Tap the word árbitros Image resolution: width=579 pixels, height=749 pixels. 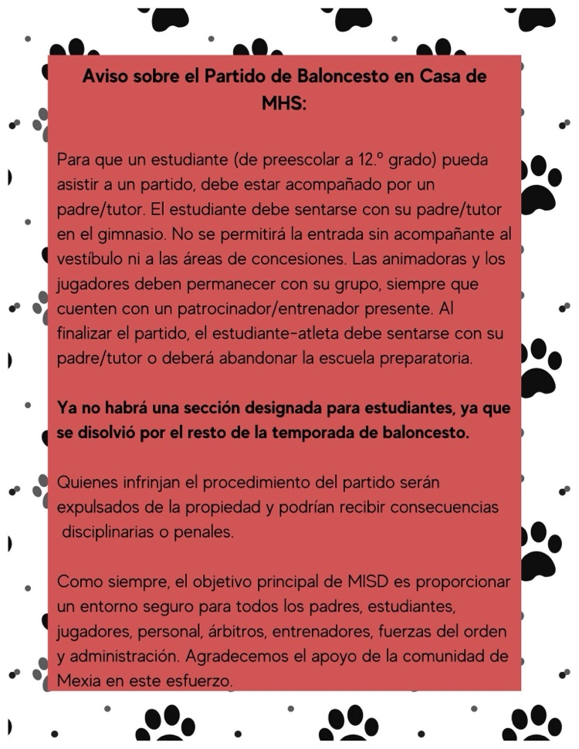(x=234, y=631)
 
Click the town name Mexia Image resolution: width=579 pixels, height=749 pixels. (x=79, y=680)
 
